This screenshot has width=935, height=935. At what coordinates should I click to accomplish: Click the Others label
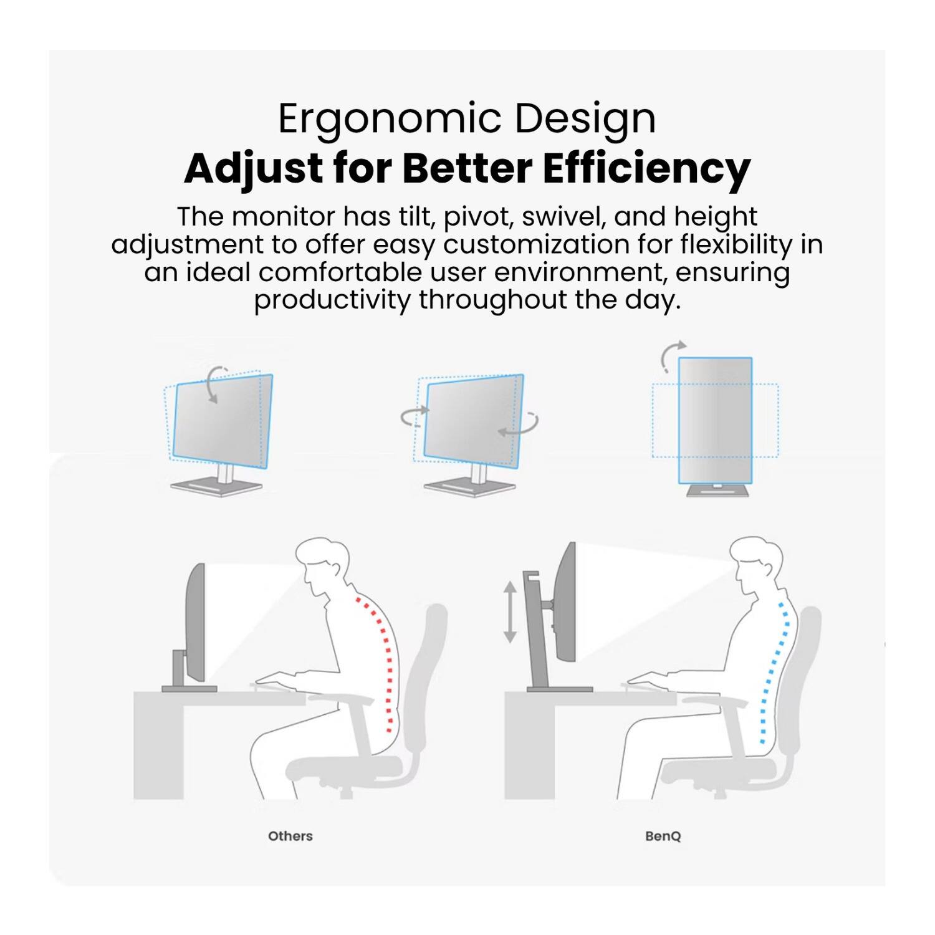[x=290, y=836]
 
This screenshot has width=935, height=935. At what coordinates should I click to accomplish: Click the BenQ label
[x=663, y=836]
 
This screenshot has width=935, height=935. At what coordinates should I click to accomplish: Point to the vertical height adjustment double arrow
[x=510, y=612]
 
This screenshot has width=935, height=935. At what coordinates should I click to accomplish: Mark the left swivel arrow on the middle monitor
[x=415, y=415]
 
